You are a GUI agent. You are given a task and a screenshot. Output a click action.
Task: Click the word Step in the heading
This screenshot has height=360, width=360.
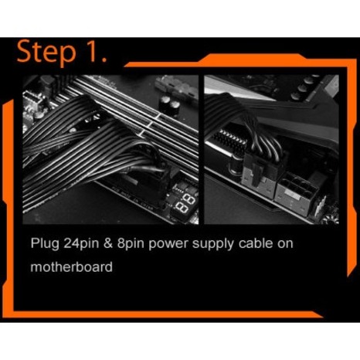(46, 53)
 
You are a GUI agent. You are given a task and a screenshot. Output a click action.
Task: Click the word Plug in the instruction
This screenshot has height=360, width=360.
(45, 243)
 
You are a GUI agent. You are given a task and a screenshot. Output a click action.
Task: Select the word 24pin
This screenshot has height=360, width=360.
(81, 243)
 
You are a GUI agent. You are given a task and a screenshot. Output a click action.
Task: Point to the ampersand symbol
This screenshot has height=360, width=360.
(108, 243)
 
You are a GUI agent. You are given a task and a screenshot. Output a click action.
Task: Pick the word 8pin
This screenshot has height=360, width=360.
(131, 243)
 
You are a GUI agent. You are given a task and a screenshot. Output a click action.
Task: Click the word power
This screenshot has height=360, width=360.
(168, 245)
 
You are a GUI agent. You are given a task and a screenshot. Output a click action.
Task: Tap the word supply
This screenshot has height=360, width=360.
(213, 244)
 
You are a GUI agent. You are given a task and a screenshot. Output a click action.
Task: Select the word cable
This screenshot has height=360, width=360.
(256, 243)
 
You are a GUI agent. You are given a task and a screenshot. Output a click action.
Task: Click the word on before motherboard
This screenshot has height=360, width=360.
(285, 245)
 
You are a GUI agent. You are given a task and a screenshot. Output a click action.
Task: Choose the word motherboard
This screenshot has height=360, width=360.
(72, 267)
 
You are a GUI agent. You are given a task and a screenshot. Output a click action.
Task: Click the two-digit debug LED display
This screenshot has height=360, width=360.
(185, 203)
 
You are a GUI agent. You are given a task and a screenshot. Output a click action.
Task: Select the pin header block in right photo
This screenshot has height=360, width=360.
(228, 141)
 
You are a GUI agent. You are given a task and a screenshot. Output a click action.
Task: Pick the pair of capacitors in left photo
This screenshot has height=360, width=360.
(169, 105)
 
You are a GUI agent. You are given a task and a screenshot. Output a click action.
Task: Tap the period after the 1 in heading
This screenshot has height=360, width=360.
(104, 59)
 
